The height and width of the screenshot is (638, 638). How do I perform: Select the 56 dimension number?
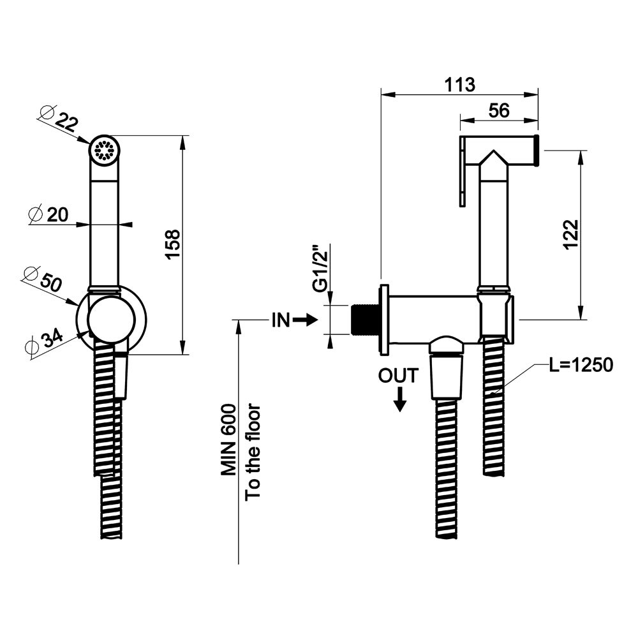(498, 110)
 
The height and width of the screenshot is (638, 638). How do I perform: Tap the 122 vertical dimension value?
(571, 235)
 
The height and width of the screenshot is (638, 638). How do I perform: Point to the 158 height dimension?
(173, 244)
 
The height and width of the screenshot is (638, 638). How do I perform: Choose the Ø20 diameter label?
(50, 215)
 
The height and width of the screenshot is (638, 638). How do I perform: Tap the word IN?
(281, 321)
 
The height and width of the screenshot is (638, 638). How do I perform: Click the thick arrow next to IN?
(306, 321)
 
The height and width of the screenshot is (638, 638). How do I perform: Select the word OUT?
(398, 376)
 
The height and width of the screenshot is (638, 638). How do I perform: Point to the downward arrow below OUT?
(400, 401)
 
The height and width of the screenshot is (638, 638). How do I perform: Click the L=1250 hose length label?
(581, 365)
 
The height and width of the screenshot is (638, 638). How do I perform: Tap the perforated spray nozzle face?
(103, 151)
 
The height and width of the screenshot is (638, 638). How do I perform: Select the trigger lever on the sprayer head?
(462, 172)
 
